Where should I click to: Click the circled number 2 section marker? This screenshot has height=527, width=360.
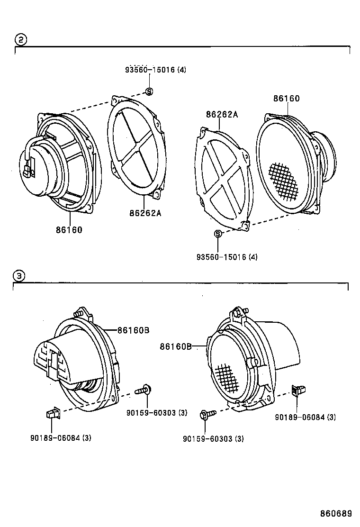tap(20, 39)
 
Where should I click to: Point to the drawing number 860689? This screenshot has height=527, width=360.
tap(335, 513)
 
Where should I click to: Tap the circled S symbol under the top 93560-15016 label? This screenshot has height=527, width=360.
tap(148, 91)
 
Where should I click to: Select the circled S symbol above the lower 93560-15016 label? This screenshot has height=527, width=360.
tap(218, 233)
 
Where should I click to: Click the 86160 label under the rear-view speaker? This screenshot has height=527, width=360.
tap(69, 230)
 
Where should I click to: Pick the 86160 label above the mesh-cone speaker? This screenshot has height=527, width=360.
tap(286, 99)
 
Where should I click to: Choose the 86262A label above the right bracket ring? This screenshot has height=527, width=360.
tap(222, 114)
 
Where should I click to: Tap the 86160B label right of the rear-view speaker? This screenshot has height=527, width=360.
tap(133, 330)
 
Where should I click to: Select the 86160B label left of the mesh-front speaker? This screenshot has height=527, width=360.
tap(176, 346)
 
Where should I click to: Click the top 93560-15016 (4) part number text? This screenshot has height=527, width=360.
tap(155, 70)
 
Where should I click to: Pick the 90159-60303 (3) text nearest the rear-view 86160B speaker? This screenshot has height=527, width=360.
tap(156, 413)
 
